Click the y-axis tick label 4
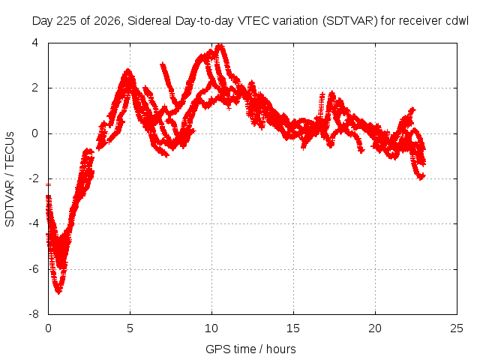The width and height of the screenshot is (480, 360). [x=35, y=43]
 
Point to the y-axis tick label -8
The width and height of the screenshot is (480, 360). [x=34, y=314]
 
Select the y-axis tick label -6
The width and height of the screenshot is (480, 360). [x=34, y=269]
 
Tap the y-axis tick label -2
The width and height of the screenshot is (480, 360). [x=34, y=178]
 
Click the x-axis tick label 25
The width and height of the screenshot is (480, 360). [x=457, y=328]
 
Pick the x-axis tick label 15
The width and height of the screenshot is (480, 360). [x=293, y=328]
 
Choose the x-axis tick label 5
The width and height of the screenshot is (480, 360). [x=130, y=328]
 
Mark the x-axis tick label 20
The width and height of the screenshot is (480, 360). [x=375, y=328]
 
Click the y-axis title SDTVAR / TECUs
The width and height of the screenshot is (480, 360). [x=10, y=179]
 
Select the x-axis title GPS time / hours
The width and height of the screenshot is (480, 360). [x=250, y=349]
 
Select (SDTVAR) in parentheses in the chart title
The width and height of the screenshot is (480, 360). [x=350, y=21]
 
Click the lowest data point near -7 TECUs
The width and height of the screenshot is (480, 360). [x=58, y=292]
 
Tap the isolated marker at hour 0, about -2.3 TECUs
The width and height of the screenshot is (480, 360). [x=48, y=185]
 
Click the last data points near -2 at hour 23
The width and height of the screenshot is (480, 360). [x=421, y=177]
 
